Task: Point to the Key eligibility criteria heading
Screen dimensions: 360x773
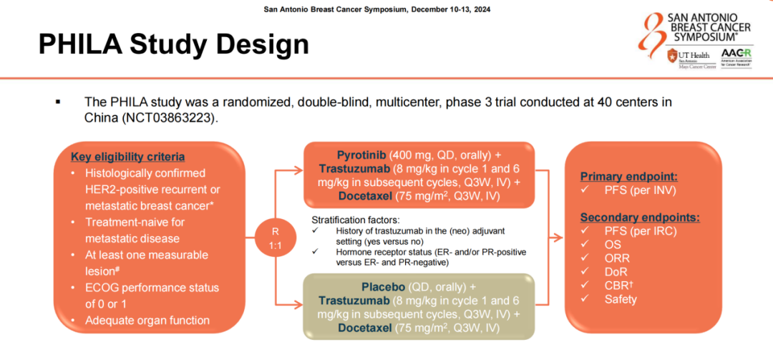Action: click(127, 157)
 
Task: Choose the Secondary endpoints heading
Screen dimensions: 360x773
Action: click(640, 217)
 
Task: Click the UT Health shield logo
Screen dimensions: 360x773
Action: click(672, 56)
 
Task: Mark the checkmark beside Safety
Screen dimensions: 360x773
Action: click(585, 299)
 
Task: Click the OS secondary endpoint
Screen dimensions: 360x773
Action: click(613, 245)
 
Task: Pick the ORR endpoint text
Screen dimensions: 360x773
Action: click(618, 258)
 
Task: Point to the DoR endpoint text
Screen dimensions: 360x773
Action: click(617, 272)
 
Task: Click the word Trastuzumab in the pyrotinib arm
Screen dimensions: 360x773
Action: click(351, 169)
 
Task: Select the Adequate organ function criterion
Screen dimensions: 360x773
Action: click(147, 321)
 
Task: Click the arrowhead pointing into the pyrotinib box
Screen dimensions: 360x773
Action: click(301, 170)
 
